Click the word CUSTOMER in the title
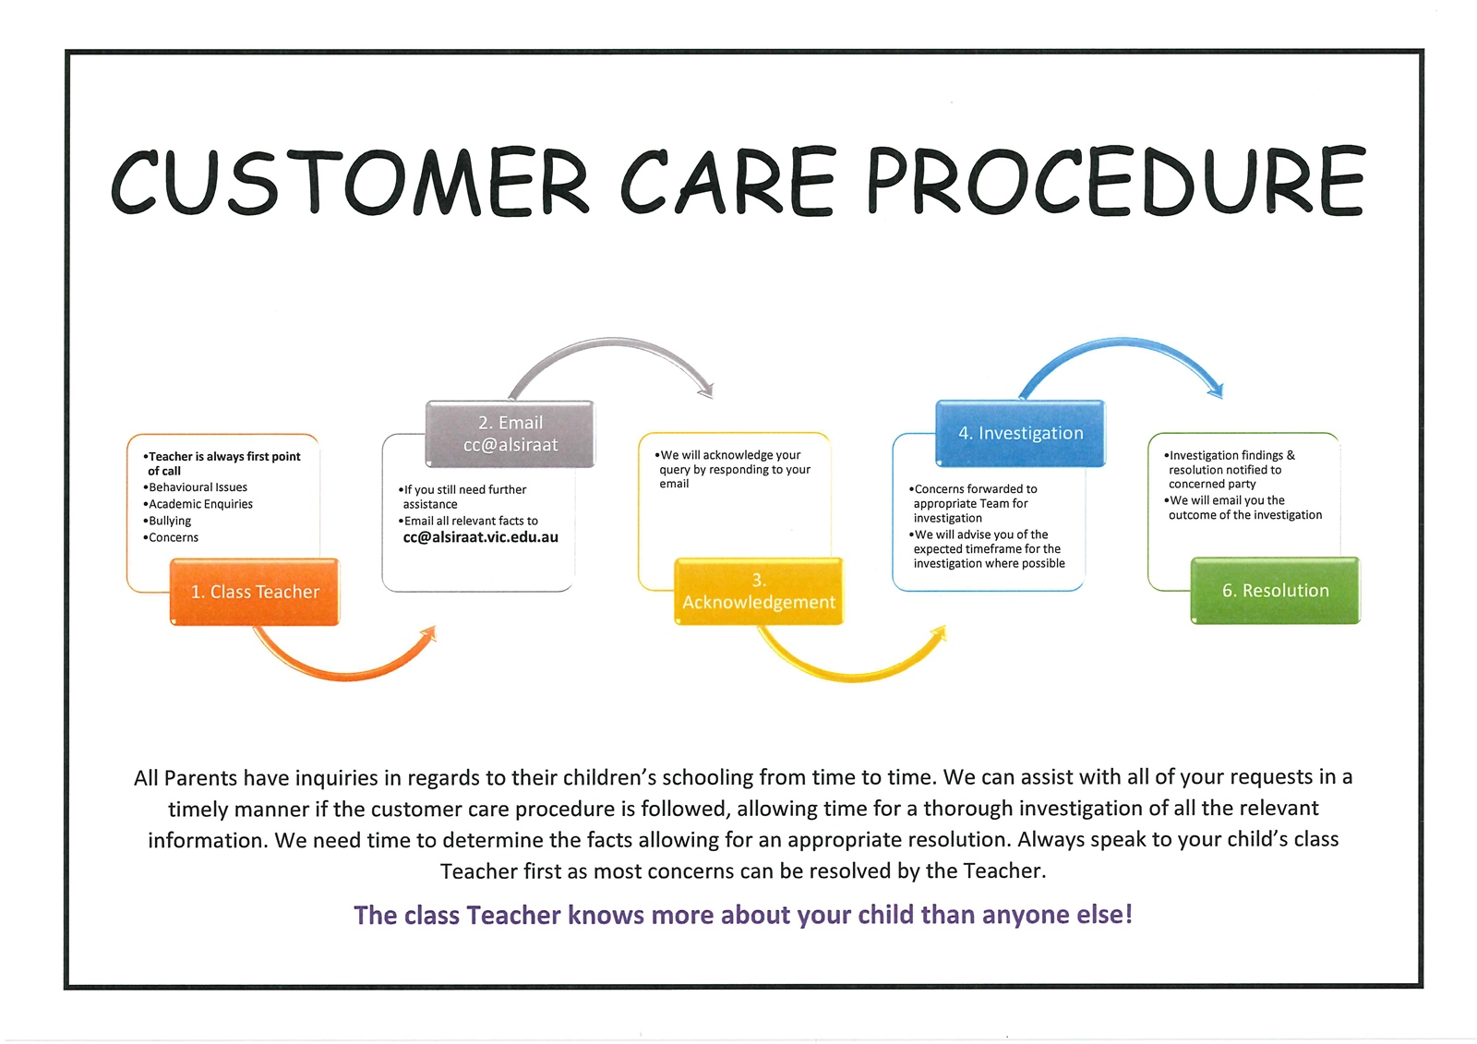click(349, 181)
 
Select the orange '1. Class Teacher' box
click(255, 592)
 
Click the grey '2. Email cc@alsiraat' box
click(510, 434)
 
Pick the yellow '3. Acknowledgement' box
click(759, 591)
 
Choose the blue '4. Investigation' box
click(1020, 433)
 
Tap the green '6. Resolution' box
click(1275, 590)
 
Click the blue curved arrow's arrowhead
click(1217, 390)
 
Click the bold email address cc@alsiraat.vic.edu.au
click(480, 537)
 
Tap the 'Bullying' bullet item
click(170, 521)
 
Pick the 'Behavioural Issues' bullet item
click(198, 487)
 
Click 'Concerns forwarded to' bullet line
click(975, 489)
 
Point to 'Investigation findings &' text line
click(1231, 455)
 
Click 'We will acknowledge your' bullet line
click(730, 455)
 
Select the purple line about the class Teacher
click(743, 915)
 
